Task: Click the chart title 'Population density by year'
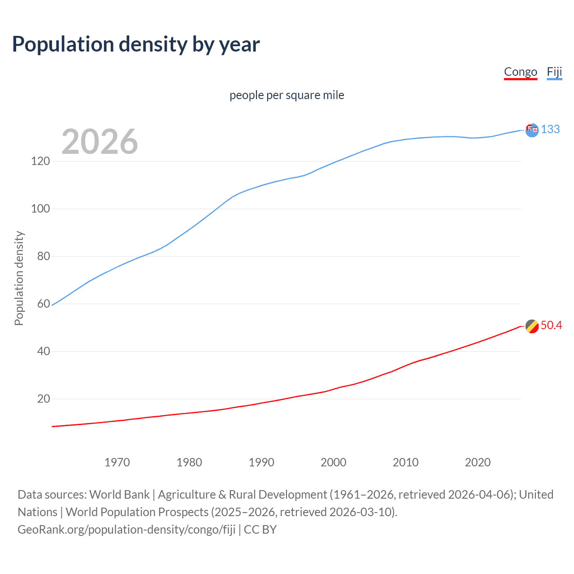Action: point(136,44)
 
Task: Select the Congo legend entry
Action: point(520,72)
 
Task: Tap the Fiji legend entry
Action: point(554,72)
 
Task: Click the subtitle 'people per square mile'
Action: point(287,95)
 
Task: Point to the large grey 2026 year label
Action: point(100,142)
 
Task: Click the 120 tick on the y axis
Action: point(40,161)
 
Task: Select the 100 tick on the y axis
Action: point(40,209)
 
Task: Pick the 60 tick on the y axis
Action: point(43,304)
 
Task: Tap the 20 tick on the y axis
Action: point(43,399)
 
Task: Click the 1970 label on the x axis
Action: point(117,462)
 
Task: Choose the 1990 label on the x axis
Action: point(261,462)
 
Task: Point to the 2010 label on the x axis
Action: point(405,462)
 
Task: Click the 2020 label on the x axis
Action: point(478,462)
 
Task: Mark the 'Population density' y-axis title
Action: point(19,278)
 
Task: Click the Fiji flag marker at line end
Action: point(532,130)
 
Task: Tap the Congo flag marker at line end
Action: point(532,326)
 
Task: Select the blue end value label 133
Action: point(550,130)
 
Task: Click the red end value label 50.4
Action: point(551,326)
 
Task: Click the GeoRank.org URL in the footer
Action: point(126,530)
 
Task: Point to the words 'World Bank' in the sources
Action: point(119,495)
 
